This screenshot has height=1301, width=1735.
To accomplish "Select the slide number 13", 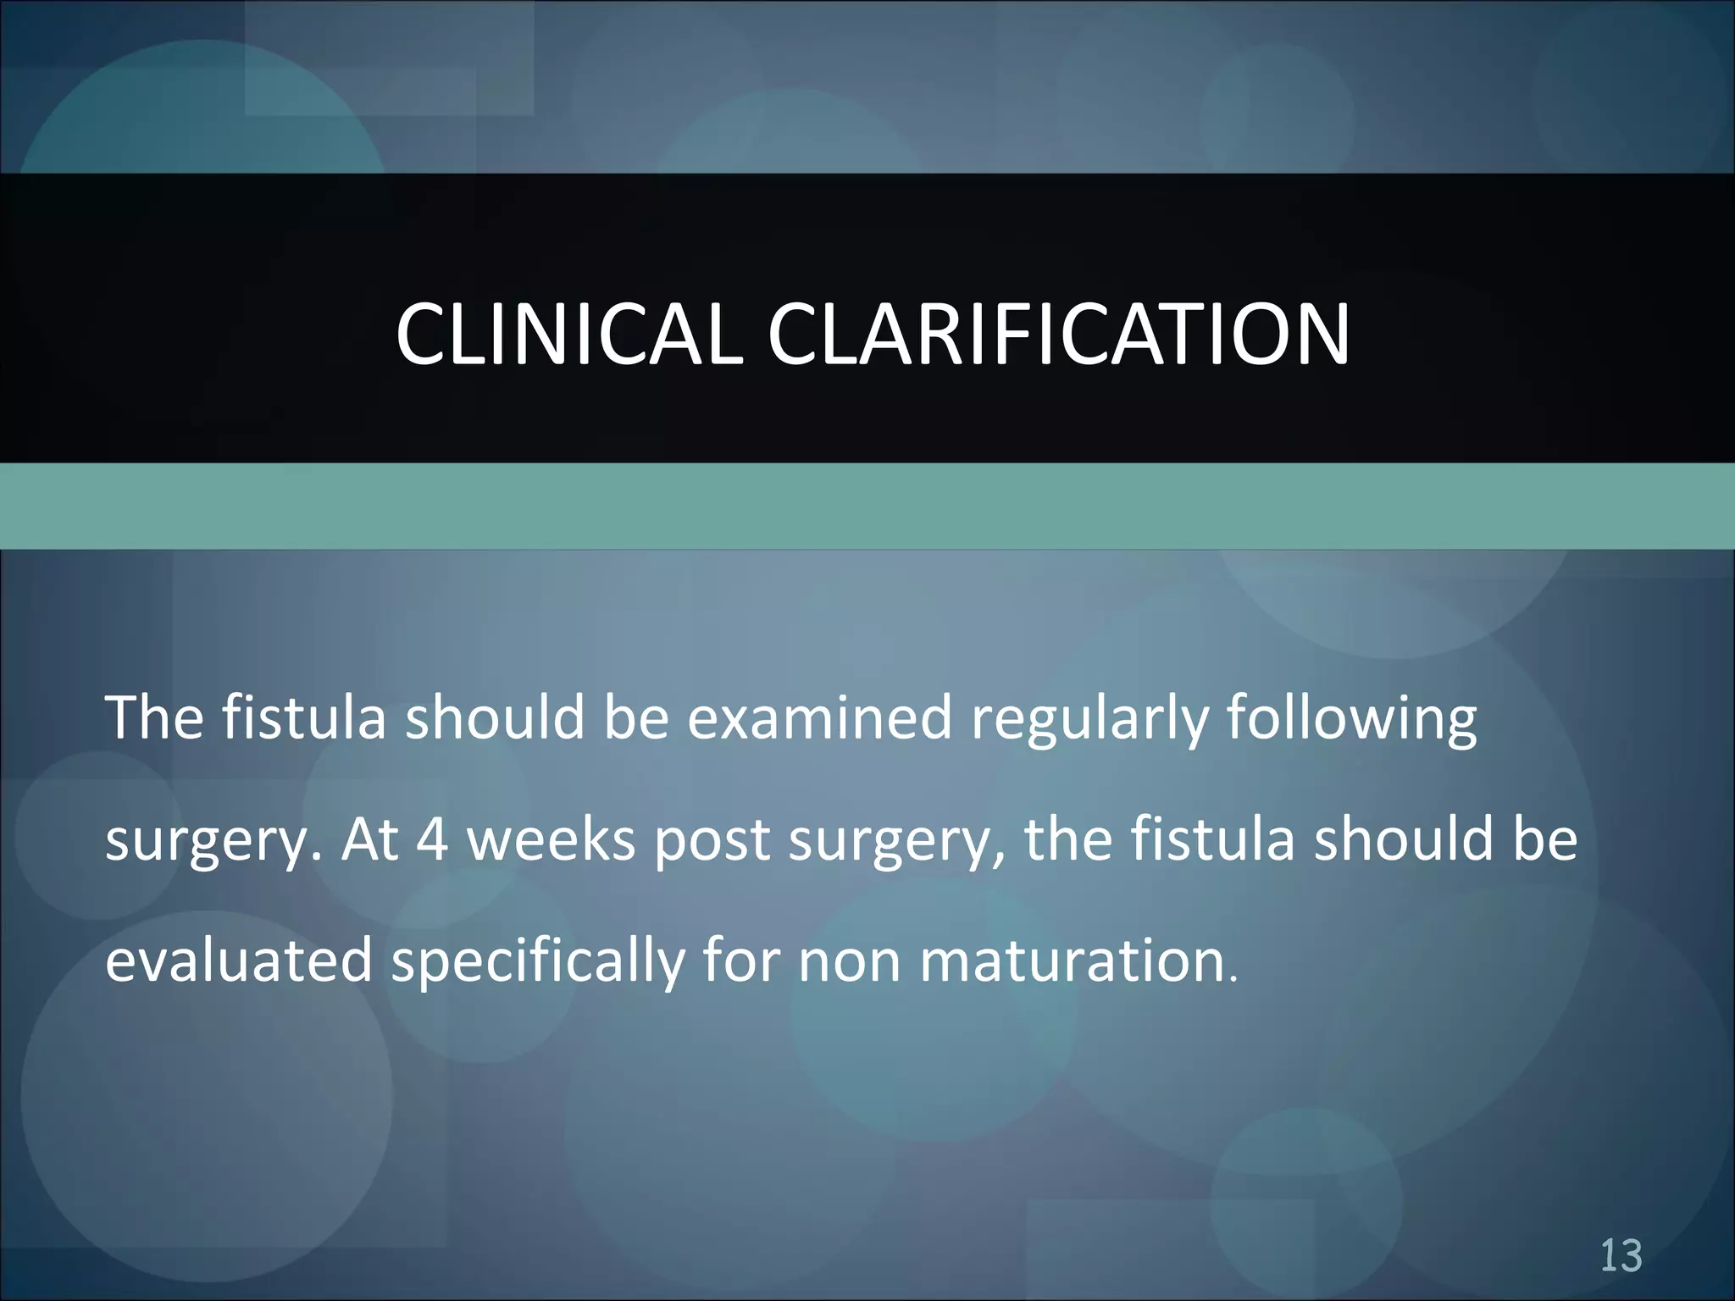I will click(x=1621, y=1256).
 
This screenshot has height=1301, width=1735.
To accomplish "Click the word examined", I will click(x=819, y=717).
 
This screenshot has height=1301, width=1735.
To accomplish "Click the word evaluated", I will click(x=239, y=961).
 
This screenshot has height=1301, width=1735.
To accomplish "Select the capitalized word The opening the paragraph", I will click(x=154, y=717).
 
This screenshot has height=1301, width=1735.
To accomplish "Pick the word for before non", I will click(x=742, y=961).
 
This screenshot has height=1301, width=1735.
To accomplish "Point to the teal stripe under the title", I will click(x=867, y=506).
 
